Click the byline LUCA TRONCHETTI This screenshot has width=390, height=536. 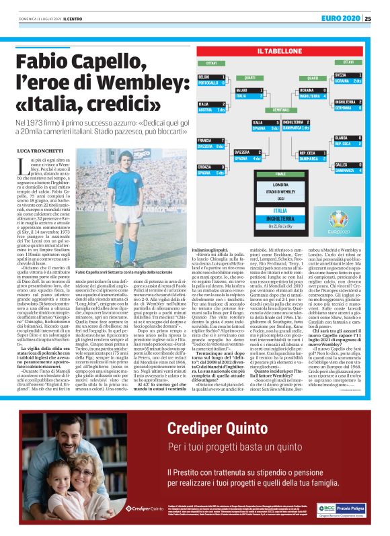point(38,146)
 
